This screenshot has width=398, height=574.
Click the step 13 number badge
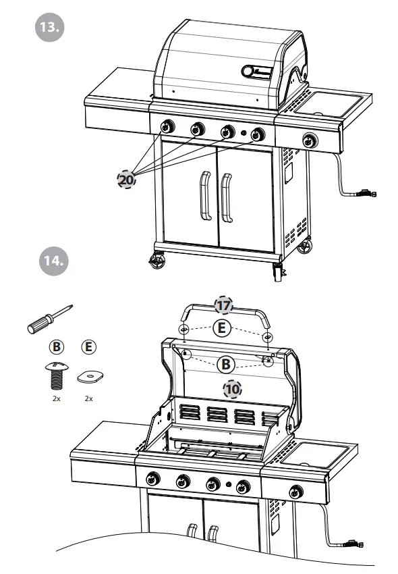coord(49,26)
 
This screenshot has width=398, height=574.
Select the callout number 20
coord(126,180)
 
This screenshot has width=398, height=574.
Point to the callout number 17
coord(224,305)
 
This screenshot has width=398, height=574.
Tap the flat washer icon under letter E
coord(88,376)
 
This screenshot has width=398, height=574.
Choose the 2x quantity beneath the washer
coord(88,399)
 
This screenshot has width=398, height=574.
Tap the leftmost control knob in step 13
coord(166,126)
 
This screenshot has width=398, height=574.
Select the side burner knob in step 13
coord(310,140)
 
